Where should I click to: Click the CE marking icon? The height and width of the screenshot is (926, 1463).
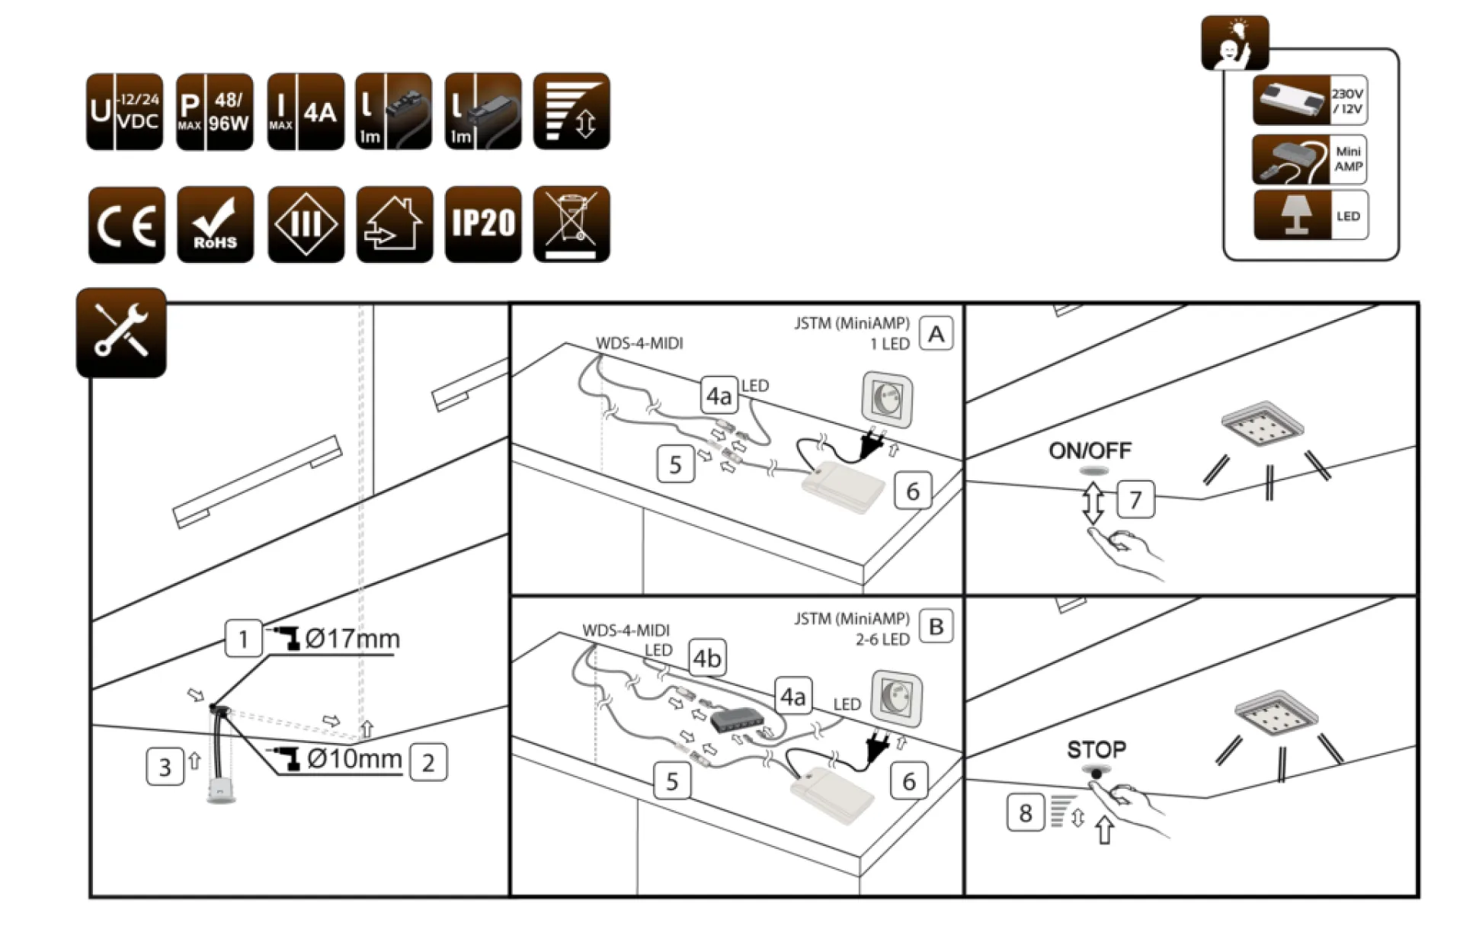[x=126, y=225]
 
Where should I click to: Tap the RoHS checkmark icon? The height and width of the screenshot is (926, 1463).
[x=215, y=225]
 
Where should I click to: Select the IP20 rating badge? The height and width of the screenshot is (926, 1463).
[x=483, y=225]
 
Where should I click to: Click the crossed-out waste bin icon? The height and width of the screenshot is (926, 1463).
[x=571, y=225]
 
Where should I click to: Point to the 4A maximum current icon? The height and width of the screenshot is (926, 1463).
[x=306, y=112]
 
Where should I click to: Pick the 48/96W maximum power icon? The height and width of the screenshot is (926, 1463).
[x=215, y=112]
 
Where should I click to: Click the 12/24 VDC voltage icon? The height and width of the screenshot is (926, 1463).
[x=124, y=112]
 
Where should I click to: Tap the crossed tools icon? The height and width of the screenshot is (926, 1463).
[x=121, y=332]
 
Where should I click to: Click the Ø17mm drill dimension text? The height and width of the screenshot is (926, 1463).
[x=352, y=639]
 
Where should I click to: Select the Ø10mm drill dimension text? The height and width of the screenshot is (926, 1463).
[x=354, y=759]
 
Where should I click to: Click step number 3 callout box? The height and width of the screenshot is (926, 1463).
[x=165, y=767]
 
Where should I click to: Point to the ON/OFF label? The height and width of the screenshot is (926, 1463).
[x=1090, y=451]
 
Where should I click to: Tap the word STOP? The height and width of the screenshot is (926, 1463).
[x=1096, y=750]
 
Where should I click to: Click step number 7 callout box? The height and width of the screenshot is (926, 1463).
[x=1135, y=500]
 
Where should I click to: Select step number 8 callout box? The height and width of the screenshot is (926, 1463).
[x=1026, y=813]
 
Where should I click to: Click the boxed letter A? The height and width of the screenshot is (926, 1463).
[x=936, y=334]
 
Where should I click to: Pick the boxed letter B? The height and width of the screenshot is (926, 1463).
[x=936, y=626]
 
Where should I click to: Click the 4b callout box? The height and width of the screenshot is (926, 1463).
[x=707, y=658]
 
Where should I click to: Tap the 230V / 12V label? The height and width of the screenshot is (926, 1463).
[x=1347, y=101]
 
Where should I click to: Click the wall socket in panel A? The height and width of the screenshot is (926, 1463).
[x=887, y=399]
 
